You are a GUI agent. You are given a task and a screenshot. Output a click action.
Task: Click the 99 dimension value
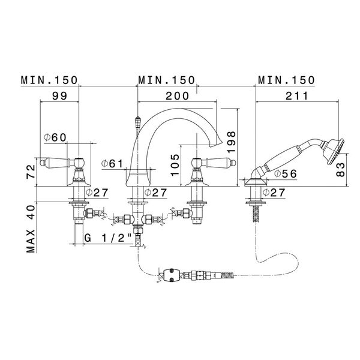pyautogui.click(x=59, y=96)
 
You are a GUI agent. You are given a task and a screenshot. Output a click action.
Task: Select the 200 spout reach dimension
pyautogui.click(x=177, y=96)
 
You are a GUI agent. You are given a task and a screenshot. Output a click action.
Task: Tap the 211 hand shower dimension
pyautogui.click(x=296, y=96)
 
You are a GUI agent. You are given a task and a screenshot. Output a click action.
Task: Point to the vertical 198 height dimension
pyautogui.click(x=232, y=142)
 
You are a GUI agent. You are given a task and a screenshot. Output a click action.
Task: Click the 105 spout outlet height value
pyautogui.click(x=175, y=165)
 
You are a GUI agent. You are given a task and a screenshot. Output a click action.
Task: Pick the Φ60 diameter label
pyautogui.click(x=55, y=137)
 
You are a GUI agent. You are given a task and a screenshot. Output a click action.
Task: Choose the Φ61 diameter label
pyautogui.click(x=113, y=164)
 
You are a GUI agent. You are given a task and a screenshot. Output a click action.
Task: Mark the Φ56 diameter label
pyautogui.click(x=286, y=174)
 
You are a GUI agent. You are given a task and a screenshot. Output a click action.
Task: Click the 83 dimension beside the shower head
pyautogui.click(x=340, y=169)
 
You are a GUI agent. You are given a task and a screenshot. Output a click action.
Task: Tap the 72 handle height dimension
pyautogui.click(x=31, y=172)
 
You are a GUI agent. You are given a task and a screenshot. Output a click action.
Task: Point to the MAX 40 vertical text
pyautogui.click(x=31, y=229)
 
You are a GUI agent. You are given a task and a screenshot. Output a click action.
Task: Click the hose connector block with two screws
pyautogui.click(x=171, y=275)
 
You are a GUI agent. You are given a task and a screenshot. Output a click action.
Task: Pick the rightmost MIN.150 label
pyautogui.click(x=286, y=80)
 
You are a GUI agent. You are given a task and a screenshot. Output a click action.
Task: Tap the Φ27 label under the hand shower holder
pyautogui.click(x=274, y=193)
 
